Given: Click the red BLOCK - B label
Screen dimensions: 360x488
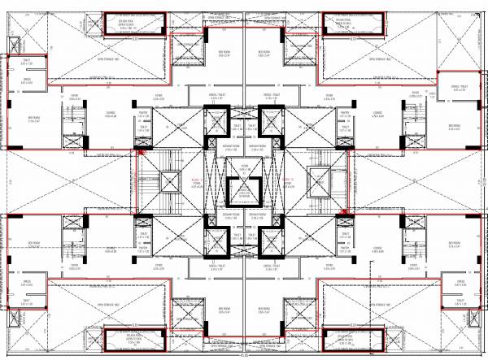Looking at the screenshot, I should (x=292, y=180).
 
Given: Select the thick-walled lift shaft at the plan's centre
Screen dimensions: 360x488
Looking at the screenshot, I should (x=243, y=193).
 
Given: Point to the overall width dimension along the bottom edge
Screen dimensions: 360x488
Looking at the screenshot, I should (x=243, y=355).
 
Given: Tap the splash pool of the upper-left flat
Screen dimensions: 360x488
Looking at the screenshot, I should (x=135, y=22).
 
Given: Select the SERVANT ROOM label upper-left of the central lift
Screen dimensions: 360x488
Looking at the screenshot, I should (x=231, y=149).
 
